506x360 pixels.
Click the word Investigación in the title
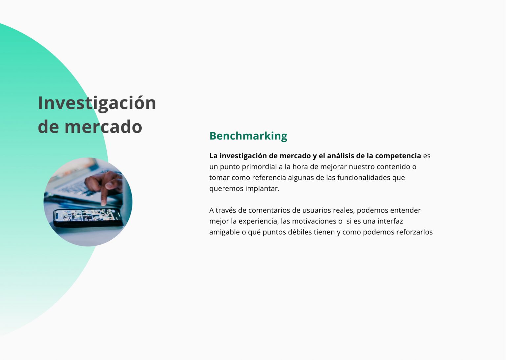coord(97,104)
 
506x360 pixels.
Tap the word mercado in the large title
coord(103,127)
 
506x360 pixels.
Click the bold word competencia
coord(398,156)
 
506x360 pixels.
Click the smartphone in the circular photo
coord(88,218)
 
